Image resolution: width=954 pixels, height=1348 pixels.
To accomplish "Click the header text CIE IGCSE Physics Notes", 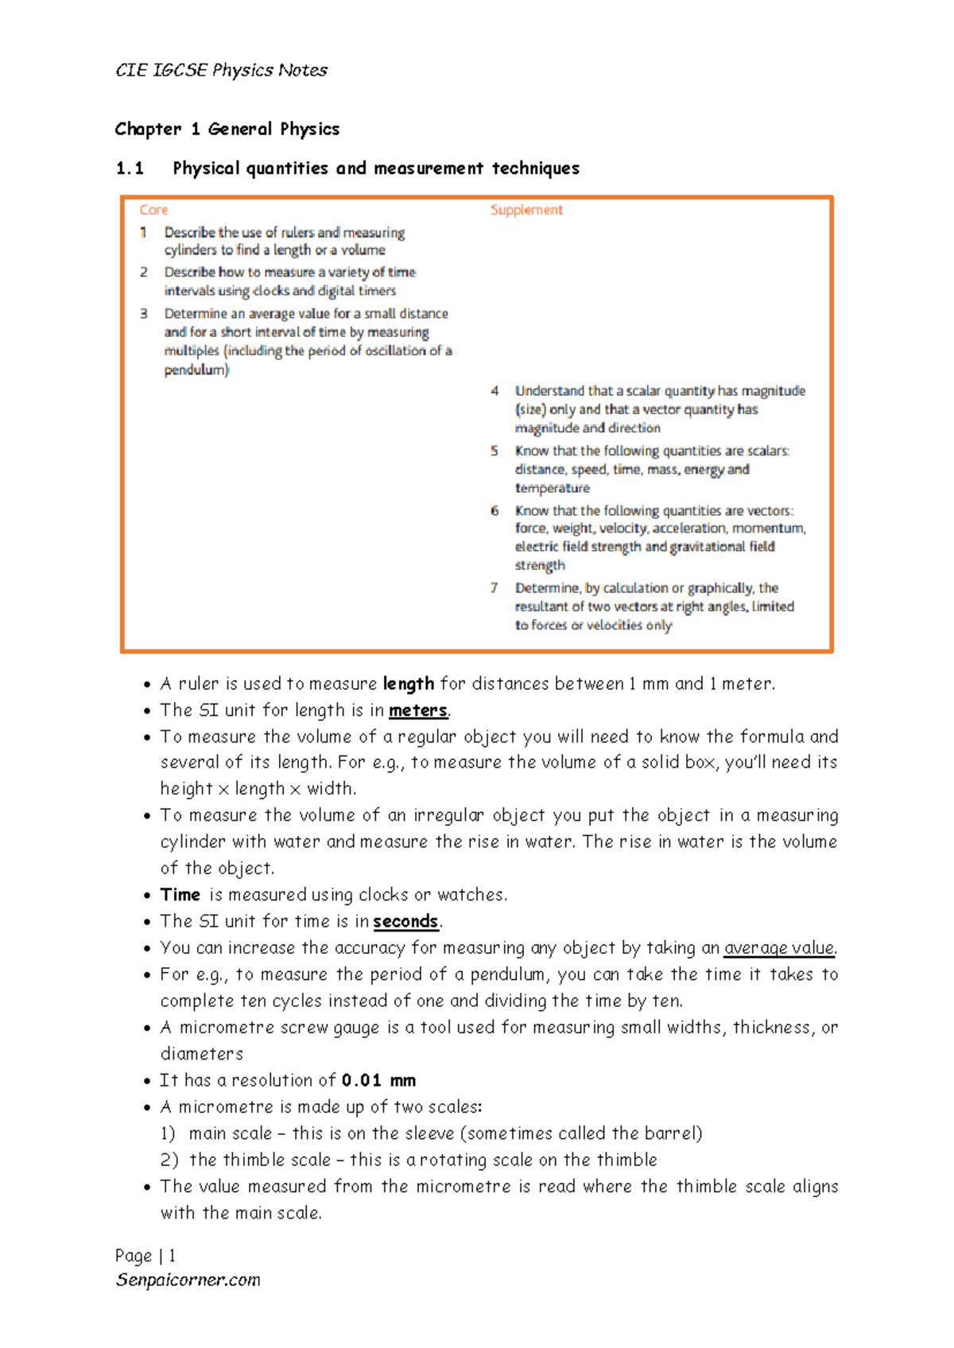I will click(x=221, y=70).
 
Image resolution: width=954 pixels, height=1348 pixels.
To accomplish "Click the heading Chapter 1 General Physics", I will click(x=227, y=129).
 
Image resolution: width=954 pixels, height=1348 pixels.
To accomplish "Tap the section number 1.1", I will click(x=130, y=168).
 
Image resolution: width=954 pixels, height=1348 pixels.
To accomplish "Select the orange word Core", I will click(x=153, y=210).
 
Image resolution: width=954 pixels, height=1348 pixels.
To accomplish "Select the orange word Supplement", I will click(x=525, y=210).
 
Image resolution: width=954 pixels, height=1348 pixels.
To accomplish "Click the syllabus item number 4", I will click(x=494, y=391).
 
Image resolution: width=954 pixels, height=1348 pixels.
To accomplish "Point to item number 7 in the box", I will click(x=494, y=588).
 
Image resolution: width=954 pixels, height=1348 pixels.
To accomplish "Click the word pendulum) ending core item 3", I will click(x=196, y=370).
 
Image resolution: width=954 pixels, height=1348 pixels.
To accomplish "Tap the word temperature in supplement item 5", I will click(x=552, y=488).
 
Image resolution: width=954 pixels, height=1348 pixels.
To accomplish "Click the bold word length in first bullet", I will click(x=408, y=684).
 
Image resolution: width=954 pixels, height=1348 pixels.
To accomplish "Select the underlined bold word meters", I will click(x=418, y=711).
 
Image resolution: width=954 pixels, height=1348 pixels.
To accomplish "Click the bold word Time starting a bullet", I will click(x=180, y=895).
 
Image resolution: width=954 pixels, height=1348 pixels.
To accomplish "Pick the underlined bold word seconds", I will click(x=405, y=922).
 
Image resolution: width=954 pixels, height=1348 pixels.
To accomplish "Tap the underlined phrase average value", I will click(x=778, y=948).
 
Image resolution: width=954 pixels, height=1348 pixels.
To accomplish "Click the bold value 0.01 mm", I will click(x=378, y=1081).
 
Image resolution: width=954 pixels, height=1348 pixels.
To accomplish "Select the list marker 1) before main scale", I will click(x=168, y=1133).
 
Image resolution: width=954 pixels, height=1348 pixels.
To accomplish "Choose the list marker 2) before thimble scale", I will click(x=169, y=1160).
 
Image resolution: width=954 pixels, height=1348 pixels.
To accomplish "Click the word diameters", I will click(x=202, y=1054).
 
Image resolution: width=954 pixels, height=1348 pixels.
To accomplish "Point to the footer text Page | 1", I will click(x=145, y=1256).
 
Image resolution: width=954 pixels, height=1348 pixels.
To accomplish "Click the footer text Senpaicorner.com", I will click(x=188, y=1280).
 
